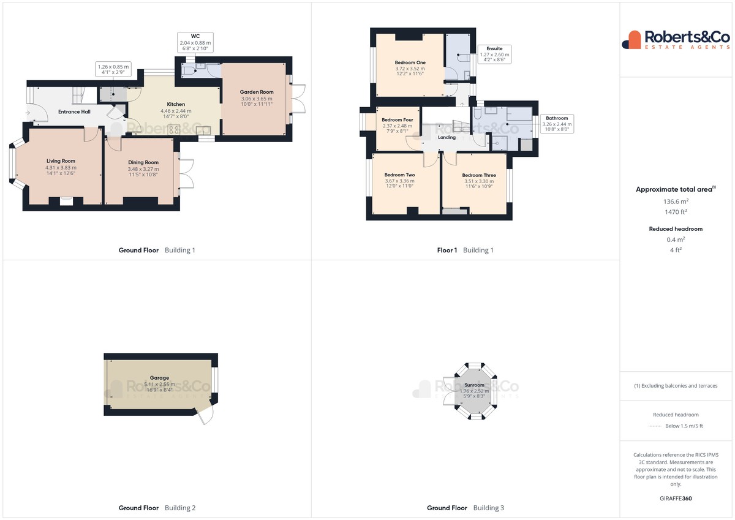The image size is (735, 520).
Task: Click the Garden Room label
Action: point(256,92)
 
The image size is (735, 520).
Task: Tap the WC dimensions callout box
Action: point(195,42)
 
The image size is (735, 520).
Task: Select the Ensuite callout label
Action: point(494,48)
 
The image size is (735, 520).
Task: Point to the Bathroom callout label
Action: point(557,118)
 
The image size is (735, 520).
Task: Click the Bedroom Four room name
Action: point(398,120)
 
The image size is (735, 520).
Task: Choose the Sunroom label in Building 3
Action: point(474,385)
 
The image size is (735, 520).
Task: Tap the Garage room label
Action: point(159,378)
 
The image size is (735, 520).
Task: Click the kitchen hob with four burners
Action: point(174,129)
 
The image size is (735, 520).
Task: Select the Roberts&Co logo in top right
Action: point(676,40)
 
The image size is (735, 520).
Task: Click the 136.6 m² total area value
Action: point(676,202)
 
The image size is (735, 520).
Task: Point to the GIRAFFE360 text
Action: point(676,499)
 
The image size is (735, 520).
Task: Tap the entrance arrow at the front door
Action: point(28,113)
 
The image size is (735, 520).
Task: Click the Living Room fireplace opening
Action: point(66,201)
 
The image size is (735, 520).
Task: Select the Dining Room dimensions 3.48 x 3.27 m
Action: point(143,169)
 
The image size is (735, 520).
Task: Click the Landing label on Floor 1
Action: point(447,137)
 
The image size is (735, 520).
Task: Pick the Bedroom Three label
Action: point(479,175)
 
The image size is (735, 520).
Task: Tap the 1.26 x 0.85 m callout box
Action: point(113,69)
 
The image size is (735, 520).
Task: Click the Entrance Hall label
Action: point(74,111)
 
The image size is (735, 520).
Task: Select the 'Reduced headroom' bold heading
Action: point(676,228)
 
